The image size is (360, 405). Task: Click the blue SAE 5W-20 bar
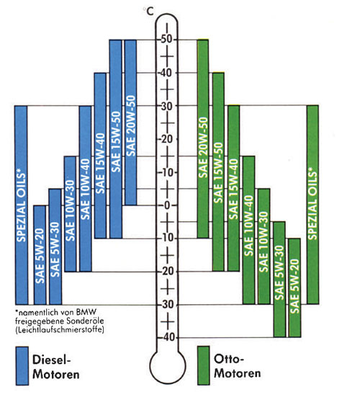tap(40, 255)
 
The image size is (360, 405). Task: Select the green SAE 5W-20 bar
tap(294, 288)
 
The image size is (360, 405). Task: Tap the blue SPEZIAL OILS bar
tap(21, 205)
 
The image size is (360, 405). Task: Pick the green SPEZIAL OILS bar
tap(312, 205)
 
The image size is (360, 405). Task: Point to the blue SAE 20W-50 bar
tap(130, 123)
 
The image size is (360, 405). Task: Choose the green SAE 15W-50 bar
tap(218, 172)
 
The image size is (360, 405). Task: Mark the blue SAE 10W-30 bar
tap(70, 214)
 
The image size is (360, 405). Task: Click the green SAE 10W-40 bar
tap(248, 230)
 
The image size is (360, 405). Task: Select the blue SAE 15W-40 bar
tap(100, 156)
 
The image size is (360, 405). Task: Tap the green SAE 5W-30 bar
tap(279, 280)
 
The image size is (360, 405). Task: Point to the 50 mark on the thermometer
tap(166, 40)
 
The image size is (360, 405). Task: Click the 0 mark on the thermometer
tap(167, 205)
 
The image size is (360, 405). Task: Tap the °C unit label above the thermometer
tap(148, 11)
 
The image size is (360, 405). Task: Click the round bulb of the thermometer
tap(168, 366)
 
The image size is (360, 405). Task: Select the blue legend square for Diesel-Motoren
tap(22, 366)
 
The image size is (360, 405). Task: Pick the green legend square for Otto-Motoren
tap(204, 365)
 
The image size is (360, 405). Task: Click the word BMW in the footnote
tap(86, 312)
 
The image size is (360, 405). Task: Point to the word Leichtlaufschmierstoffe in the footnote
tap(60, 329)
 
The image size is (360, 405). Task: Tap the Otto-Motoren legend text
tap(238, 366)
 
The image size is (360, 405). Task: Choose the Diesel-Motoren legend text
tap(55, 367)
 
